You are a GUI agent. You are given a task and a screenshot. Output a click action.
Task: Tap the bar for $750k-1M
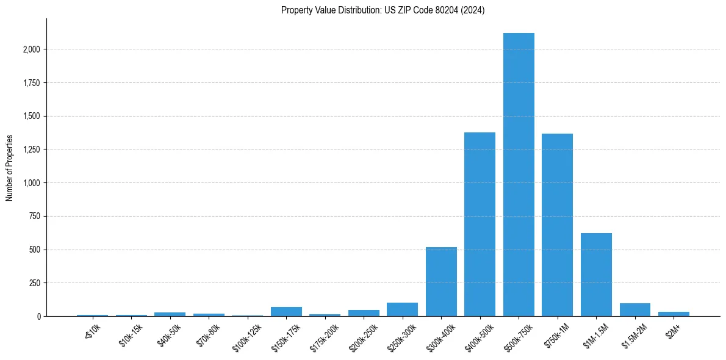click(x=557, y=225)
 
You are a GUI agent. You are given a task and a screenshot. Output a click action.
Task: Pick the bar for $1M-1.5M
click(x=596, y=275)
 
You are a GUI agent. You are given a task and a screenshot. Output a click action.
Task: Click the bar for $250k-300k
click(x=402, y=309)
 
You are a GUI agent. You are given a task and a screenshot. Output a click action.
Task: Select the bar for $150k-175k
click(x=286, y=312)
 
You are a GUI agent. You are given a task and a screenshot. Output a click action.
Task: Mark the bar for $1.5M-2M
click(x=634, y=310)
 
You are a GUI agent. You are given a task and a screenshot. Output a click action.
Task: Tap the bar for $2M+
click(x=674, y=314)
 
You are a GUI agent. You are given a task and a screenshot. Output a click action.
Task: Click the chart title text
click(x=383, y=10)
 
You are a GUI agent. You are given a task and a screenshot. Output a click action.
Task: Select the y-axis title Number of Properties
click(x=10, y=168)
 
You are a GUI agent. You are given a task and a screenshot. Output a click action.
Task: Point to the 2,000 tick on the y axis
click(x=31, y=49)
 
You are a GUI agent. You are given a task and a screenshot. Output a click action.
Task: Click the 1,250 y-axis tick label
click(x=31, y=149)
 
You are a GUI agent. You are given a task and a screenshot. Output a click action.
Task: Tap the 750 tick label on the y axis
click(x=34, y=216)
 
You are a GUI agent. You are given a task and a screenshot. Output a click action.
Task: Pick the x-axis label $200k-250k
click(x=364, y=336)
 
